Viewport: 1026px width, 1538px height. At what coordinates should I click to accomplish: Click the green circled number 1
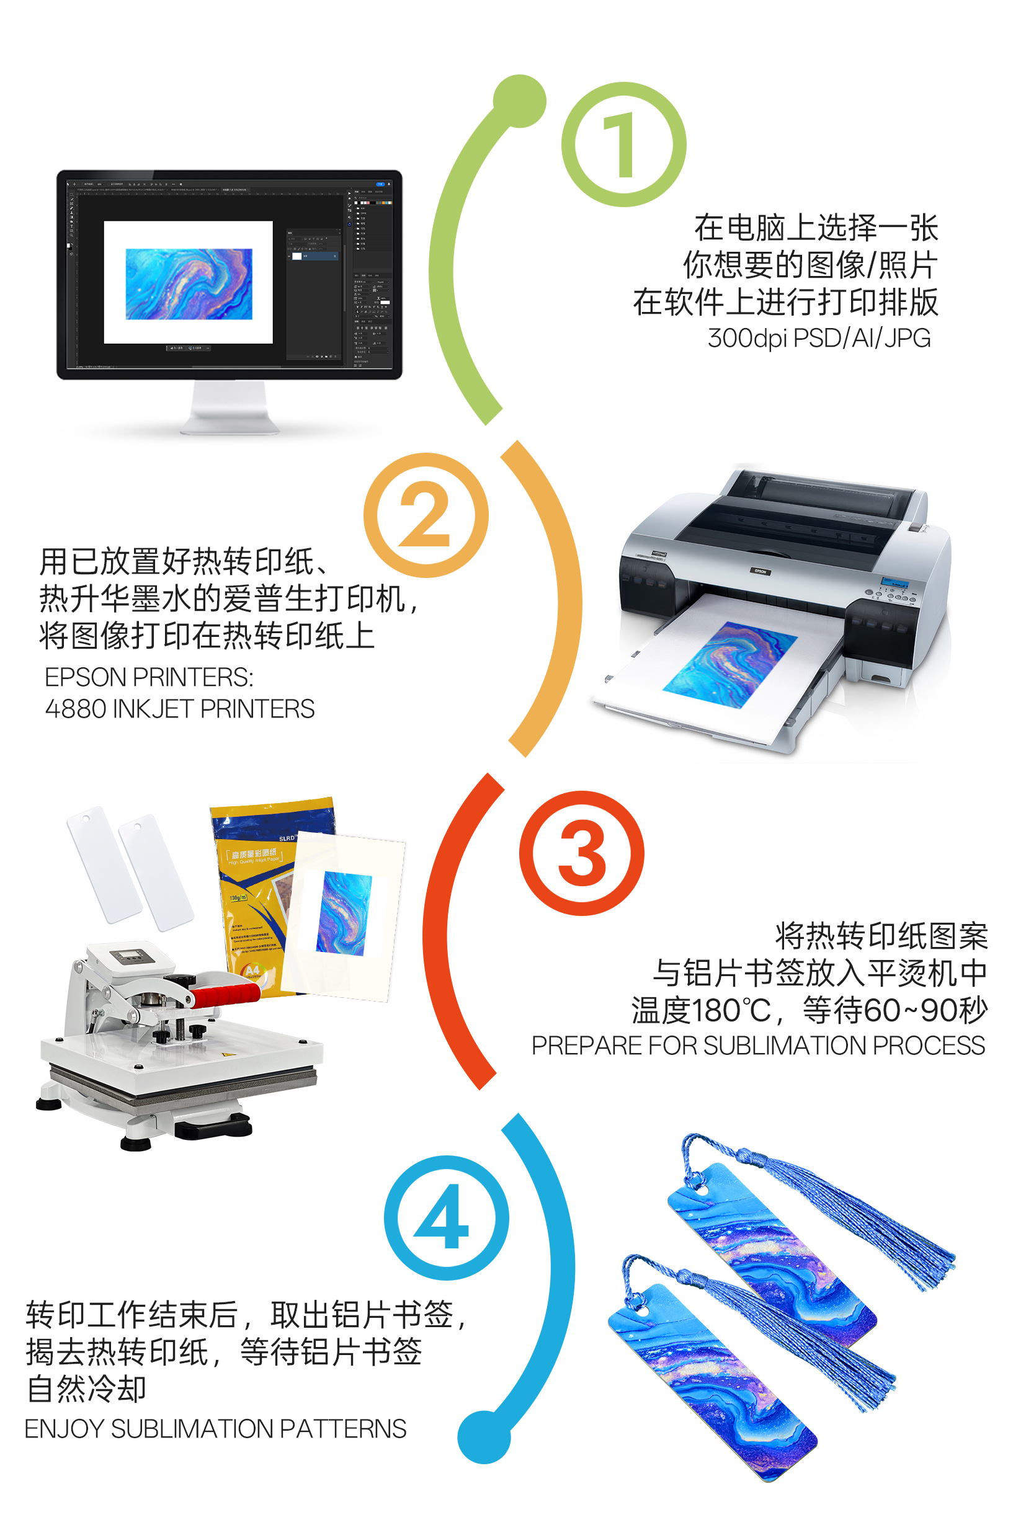(x=623, y=144)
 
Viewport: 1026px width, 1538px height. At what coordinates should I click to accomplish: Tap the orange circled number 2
(x=426, y=515)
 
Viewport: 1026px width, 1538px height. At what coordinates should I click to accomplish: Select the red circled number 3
(x=581, y=853)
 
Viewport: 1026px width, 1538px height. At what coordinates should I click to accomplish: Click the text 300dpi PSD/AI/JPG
(x=819, y=338)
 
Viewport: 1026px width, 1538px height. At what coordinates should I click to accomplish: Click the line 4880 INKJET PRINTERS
(x=179, y=708)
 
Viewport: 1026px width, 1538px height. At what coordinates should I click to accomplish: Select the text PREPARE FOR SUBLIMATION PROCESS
(x=758, y=1046)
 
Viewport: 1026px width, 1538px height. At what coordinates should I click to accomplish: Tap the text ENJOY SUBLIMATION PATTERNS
(x=215, y=1429)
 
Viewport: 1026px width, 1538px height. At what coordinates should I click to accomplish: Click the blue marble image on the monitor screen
(x=189, y=283)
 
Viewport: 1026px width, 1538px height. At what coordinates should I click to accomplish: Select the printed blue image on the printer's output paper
(x=729, y=664)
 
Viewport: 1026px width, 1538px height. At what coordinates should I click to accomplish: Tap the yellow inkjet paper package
(x=255, y=890)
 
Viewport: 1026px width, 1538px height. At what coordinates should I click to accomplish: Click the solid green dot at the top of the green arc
(x=520, y=100)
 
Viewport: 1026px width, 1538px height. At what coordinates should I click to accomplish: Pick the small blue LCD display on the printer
(x=894, y=582)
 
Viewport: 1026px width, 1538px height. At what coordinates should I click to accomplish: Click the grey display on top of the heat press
(x=133, y=956)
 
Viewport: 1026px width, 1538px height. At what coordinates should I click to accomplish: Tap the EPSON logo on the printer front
(x=760, y=571)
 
